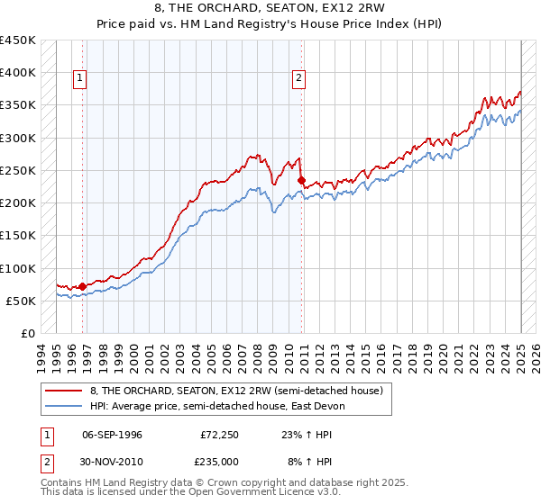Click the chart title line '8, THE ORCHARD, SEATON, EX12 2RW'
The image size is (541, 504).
click(x=270, y=8)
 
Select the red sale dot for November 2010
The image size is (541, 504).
click(x=301, y=180)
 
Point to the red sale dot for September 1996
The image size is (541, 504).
click(x=83, y=286)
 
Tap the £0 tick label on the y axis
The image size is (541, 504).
click(x=28, y=333)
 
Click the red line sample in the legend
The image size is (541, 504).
click(x=65, y=391)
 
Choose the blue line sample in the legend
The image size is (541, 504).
click(x=65, y=406)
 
